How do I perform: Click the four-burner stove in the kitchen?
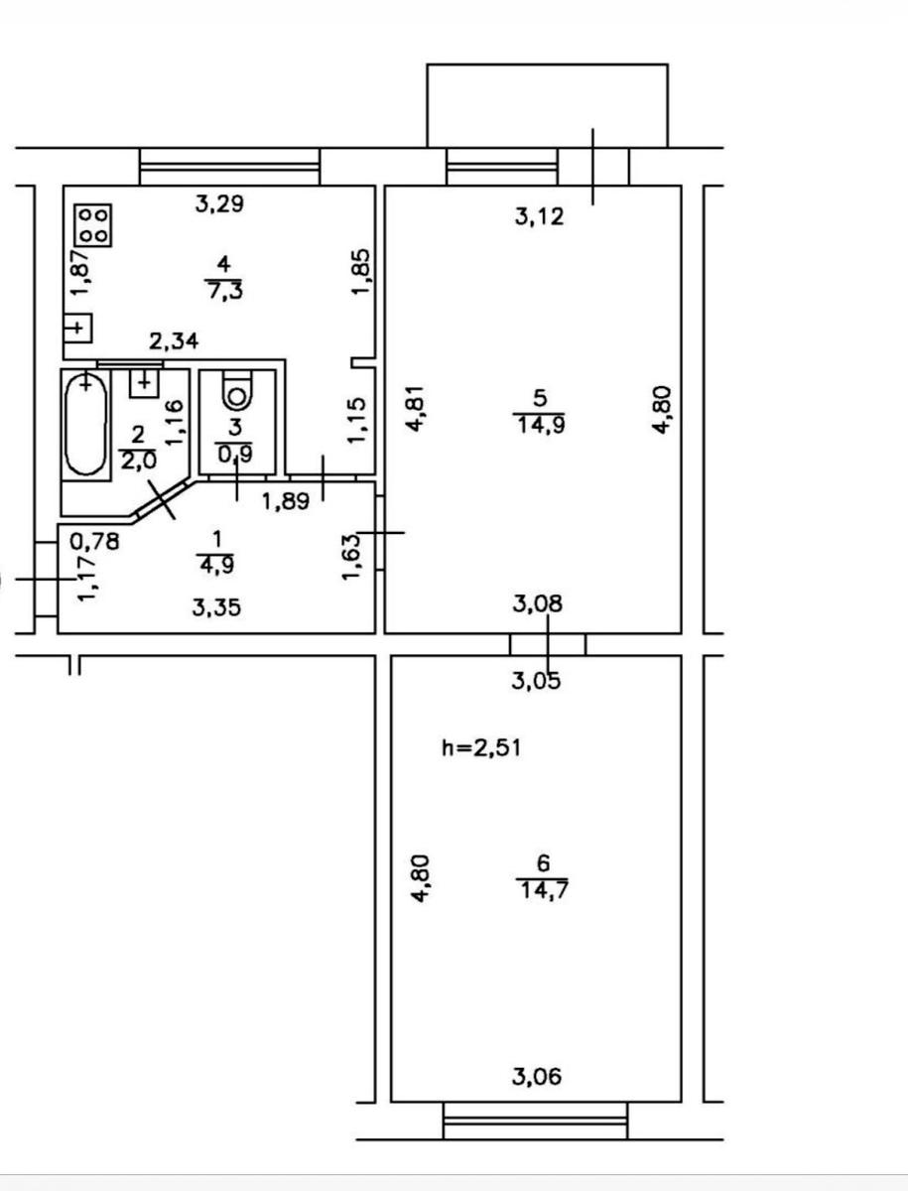[93, 224]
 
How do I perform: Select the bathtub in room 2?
[85, 425]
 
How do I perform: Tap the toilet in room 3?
[236, 392]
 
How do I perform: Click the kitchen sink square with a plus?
[77, 328]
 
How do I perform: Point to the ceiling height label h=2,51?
[481, 748]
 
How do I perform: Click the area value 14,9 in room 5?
[541, 425]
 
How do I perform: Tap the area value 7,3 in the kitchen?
[224, 292]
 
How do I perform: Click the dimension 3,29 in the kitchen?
[219, 204]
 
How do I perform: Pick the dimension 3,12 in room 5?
[539, 216]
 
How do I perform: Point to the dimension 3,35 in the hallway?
[216, 607]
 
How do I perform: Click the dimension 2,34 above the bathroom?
[174, 341]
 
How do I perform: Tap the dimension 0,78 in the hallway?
[95, 541]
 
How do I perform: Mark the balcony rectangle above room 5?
[548, 106]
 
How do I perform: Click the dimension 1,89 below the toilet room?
[286, 501]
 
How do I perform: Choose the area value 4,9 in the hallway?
[216, 565]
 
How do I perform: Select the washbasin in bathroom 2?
[144, 383]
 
